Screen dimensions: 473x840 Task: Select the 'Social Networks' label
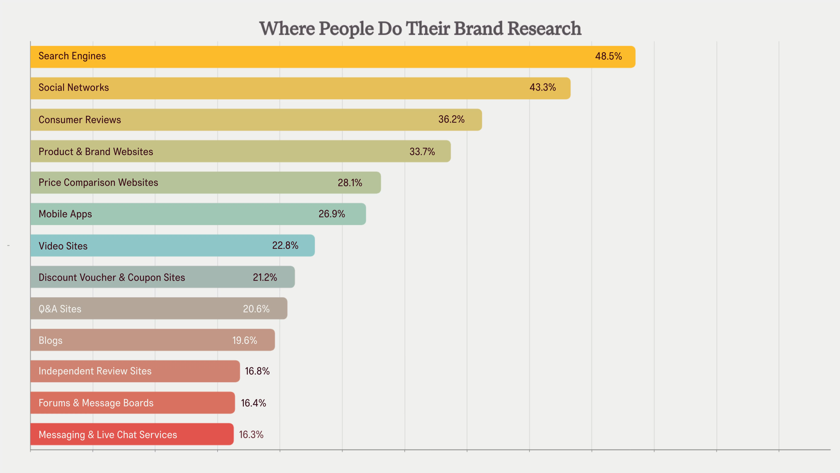pyautogui.click(x=74, y=87)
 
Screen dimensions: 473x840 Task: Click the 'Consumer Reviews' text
pyautogui.click(x=80, y=120)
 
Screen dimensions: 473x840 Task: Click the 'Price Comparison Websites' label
pyautogui.click(x=98, y=182)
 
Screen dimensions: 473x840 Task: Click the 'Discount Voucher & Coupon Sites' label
pyautogui.click(x=112, y=277)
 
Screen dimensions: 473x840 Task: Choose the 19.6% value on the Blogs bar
pyautogui.click(x=245, y=341)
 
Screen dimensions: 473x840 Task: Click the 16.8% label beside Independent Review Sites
pyautogui.click(x=257, y=371)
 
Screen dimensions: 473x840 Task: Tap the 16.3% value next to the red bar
pyautogui.click(x=251, y=435)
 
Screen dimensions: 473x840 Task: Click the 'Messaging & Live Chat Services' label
pyautogui.click(x=108, y=435)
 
